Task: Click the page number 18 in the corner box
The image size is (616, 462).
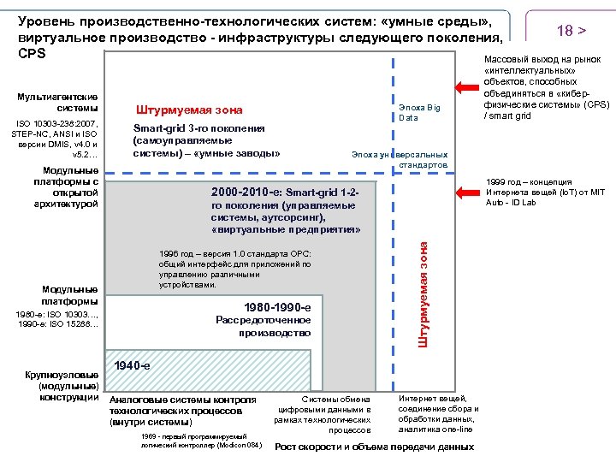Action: tap(564, 31)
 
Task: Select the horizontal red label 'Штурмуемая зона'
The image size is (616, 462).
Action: tap(189, 110)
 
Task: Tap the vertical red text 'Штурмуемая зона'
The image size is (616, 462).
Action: tap(423, 292)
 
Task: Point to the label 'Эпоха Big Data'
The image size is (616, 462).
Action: tap(419, 112)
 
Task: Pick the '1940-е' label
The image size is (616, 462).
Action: tap(132, 365)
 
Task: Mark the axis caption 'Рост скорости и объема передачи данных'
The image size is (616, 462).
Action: tap(374, 447)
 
